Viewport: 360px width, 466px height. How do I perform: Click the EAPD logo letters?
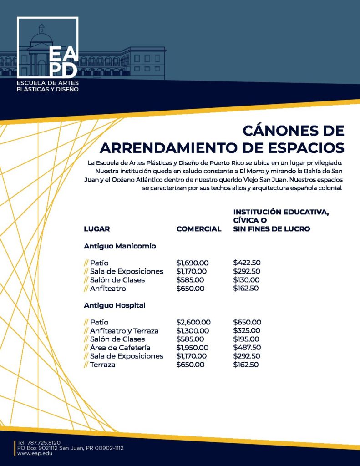point(62,61)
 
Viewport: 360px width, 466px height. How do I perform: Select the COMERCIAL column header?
point(199,229)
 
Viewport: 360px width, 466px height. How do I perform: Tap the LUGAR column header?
point(97,229)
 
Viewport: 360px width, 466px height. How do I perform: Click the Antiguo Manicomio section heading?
point(120,246)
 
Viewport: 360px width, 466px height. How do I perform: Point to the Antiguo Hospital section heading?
point(114,305)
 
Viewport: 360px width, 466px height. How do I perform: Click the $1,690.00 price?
point(193,263)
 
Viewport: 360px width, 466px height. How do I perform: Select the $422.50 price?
point(246,263)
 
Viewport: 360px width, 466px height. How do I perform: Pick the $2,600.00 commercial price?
point(193,322)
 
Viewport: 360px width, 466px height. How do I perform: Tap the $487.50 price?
point(247,348)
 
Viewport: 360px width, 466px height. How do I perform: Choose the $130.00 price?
point(246,280)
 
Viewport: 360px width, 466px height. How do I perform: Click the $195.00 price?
point(246,339)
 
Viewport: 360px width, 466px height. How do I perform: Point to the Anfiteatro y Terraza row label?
point(124,331)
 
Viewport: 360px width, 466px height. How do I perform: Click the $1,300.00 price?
point(193,331)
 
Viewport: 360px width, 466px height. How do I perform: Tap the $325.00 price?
point(246,331)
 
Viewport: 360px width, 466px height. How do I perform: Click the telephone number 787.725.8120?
point(44,443)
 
